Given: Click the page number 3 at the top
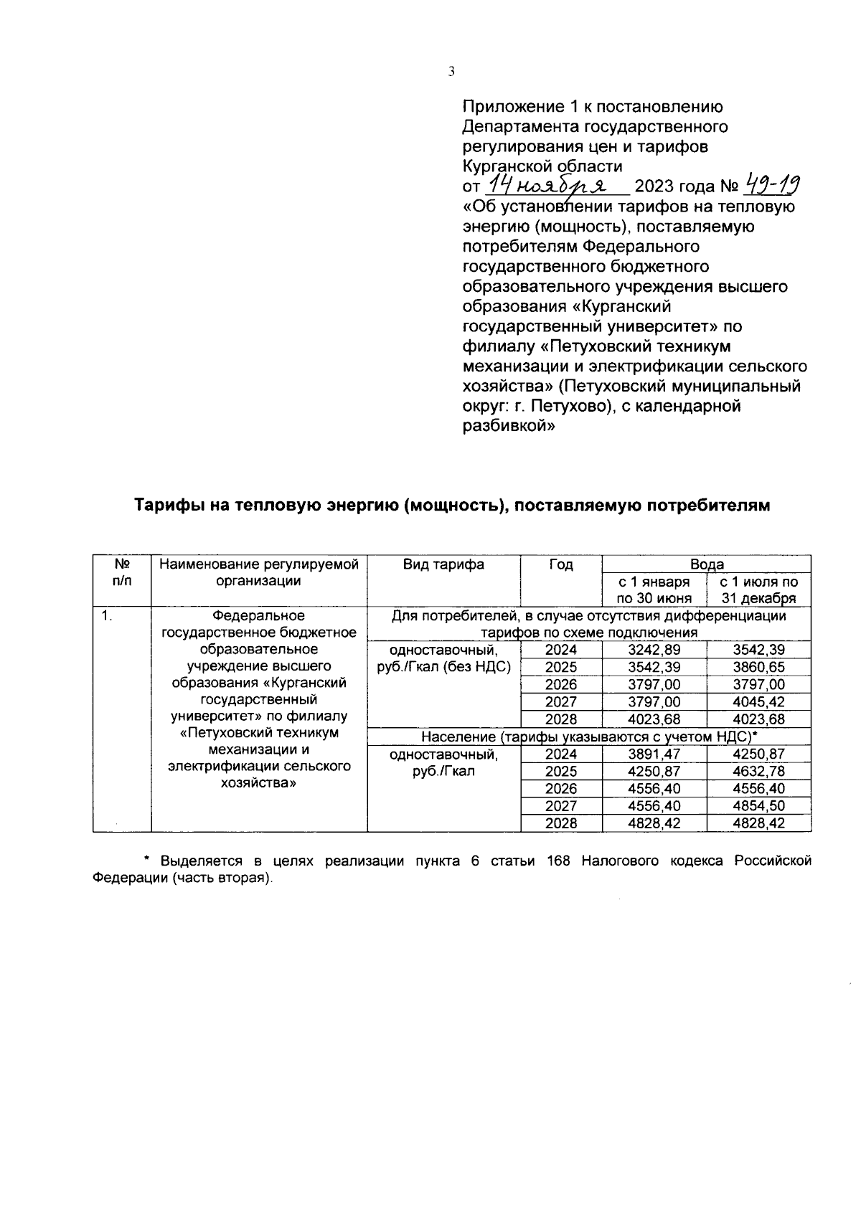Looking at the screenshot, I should [451, 71].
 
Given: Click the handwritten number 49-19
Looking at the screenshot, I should [773, 185].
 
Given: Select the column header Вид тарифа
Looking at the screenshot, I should [443, 564].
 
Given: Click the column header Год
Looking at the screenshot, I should [561, 564].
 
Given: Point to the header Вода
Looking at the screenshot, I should [706, 564].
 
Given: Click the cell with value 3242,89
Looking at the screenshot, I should [654, 650].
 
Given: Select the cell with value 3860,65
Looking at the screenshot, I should [758, 668].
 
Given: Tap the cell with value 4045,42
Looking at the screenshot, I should [758, 702].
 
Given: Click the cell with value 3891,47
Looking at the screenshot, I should [654, 754].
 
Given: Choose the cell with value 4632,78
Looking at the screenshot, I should [758, 772].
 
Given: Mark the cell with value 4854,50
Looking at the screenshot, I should [758, 806].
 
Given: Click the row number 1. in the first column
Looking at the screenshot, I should [106, 616].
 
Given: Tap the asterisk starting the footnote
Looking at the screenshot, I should [146, 859].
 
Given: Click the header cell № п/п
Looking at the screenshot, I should [121, 573].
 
